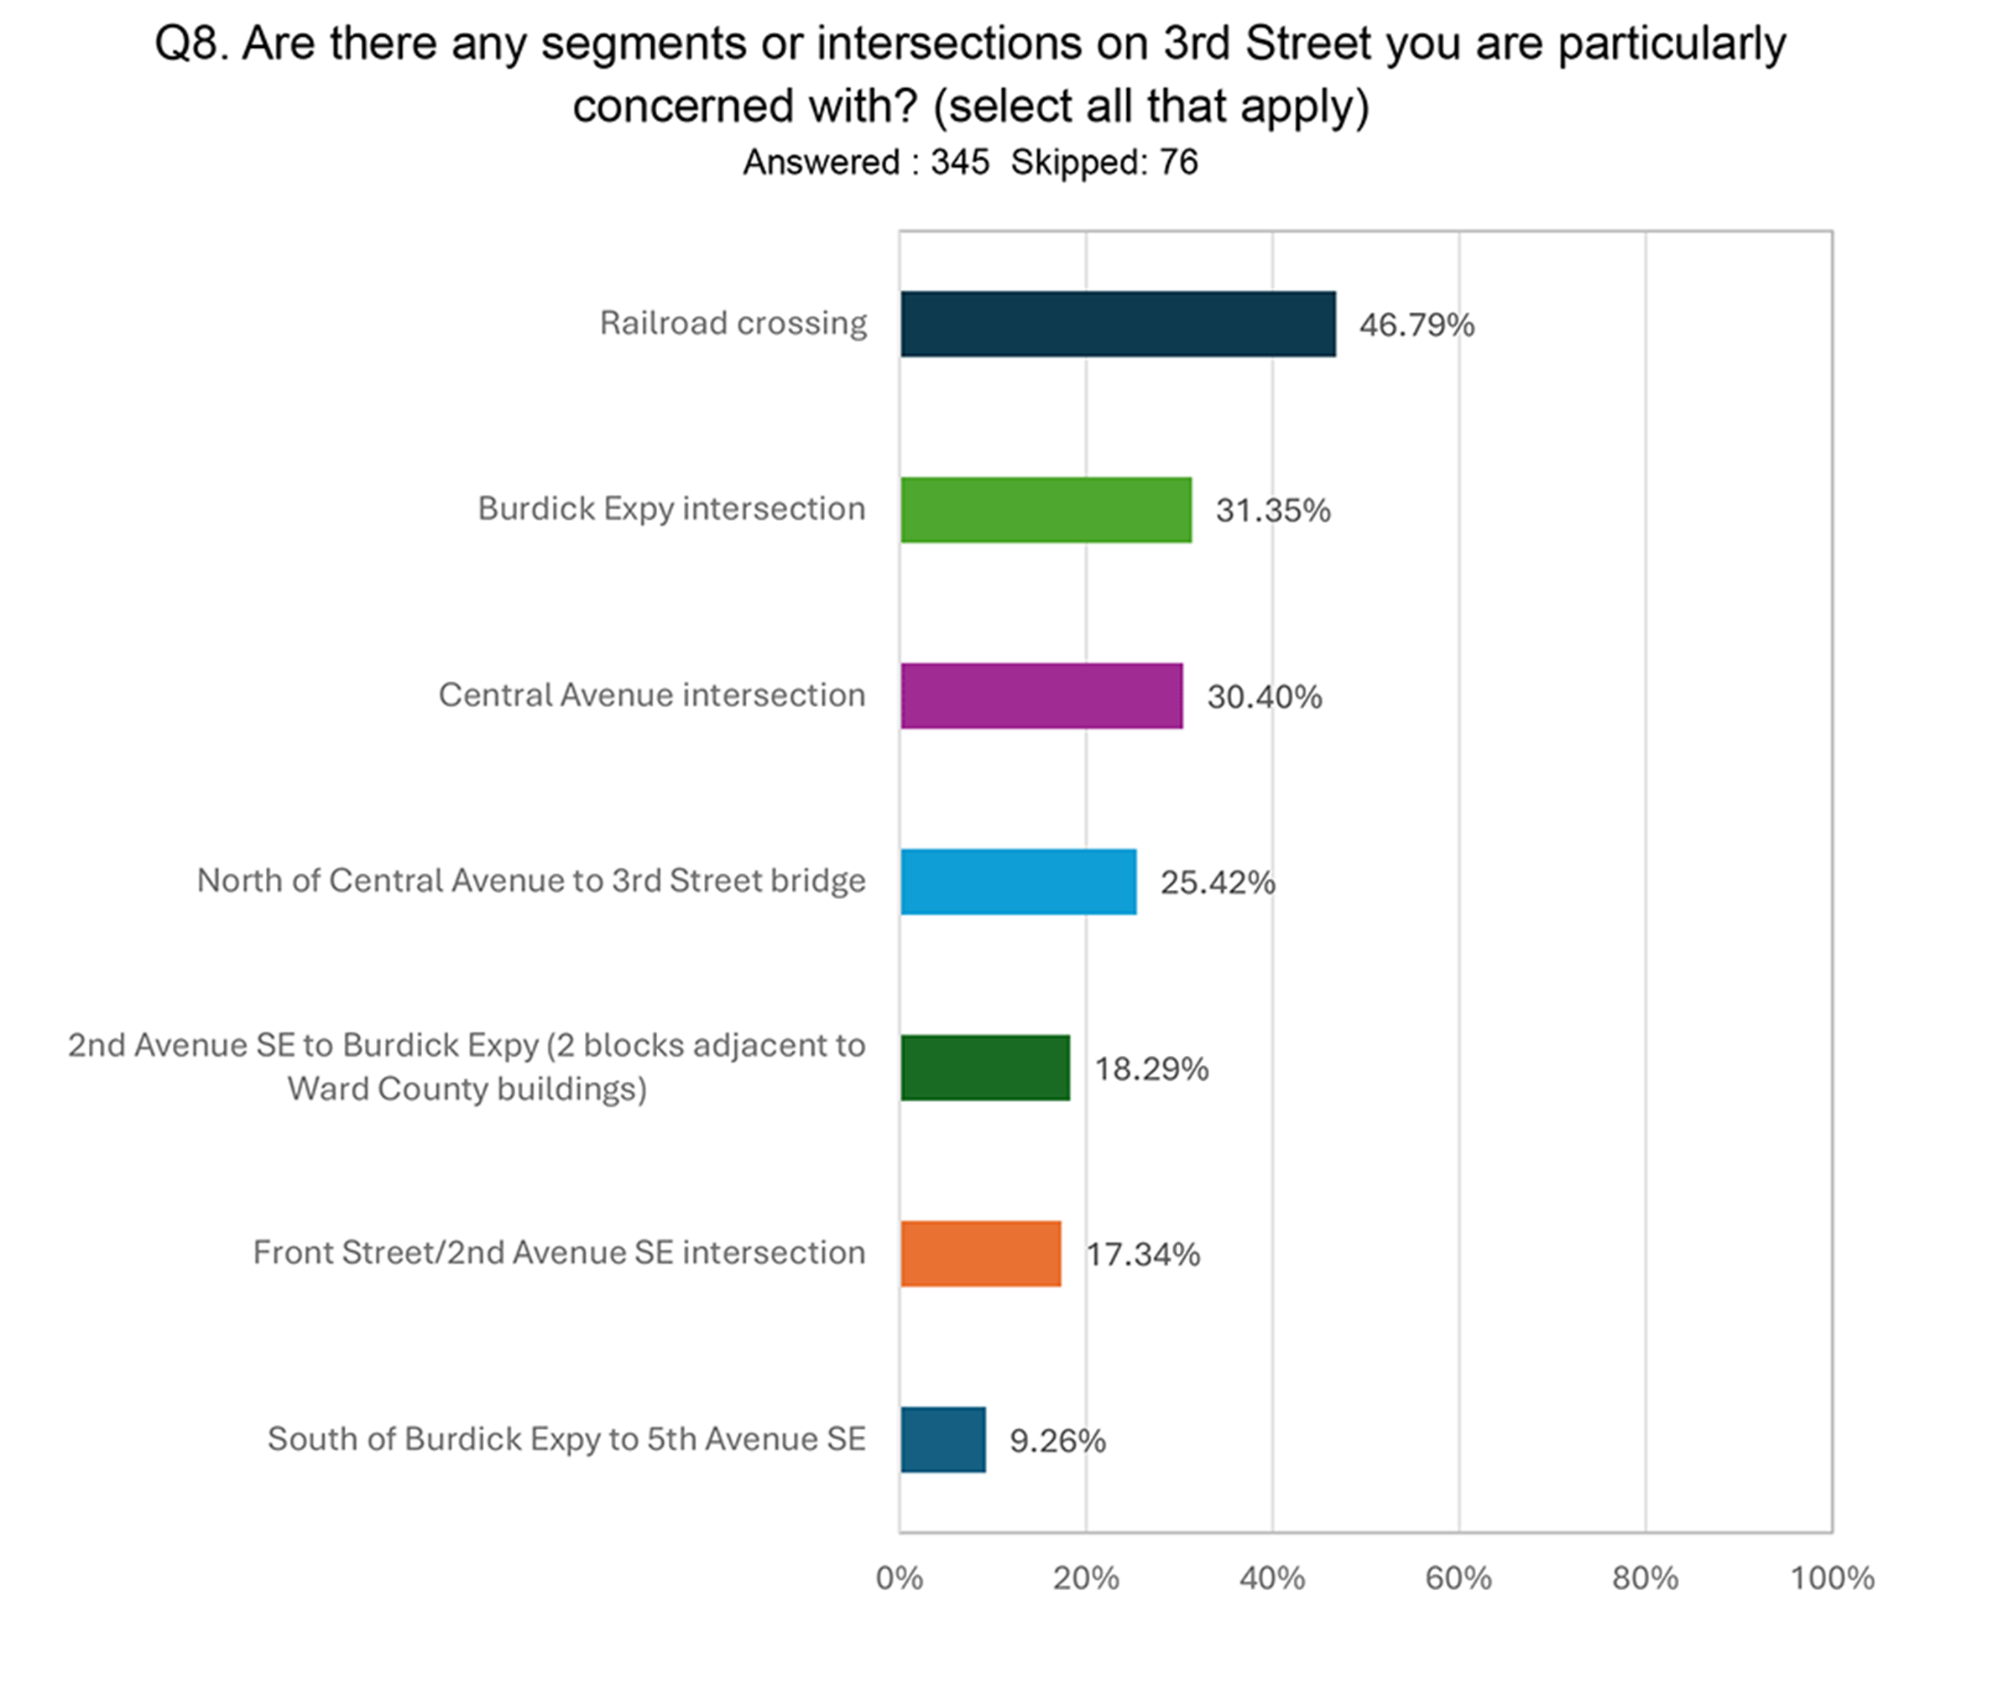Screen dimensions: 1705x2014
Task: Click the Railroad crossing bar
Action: coord(1118,324)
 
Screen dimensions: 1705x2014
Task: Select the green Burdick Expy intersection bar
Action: coord(1046,509)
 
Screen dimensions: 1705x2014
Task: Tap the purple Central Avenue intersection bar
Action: coord(1041,696)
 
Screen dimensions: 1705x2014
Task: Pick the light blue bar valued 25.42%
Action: coord(1018,881)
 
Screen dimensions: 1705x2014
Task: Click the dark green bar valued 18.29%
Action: coord(985,1068)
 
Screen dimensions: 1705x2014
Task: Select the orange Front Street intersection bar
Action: coord(980,1254)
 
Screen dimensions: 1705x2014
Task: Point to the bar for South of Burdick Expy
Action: coord(942,1440)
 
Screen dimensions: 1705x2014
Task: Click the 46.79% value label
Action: coord(1417,325)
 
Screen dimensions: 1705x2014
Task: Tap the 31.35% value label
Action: coord(1272,511)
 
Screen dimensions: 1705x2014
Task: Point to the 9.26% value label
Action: coord(1057,1441)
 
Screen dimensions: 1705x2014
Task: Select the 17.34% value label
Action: coord(1143,1255)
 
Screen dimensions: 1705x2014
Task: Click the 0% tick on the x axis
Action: coord(900,1578)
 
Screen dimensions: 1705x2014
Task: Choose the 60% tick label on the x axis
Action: coord(1458,1578)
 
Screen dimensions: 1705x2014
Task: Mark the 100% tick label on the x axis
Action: coord(1831,1578)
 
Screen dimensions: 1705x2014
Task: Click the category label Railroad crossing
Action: coord(733,323)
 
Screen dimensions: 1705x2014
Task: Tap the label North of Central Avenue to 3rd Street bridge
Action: coord(531,881)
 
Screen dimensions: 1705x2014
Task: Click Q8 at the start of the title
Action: coord(190,44)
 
